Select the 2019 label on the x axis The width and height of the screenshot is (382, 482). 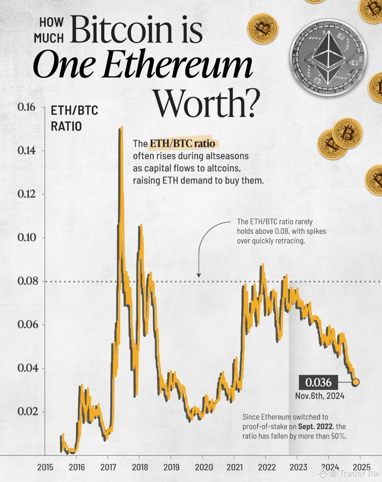[x=172, y=467]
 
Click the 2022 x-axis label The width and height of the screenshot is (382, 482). [x=267, y=467]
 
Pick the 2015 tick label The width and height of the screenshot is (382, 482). [x=45, y=467]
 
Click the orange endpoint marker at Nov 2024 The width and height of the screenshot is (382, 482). [x=355, y=382]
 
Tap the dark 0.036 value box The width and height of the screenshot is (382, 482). [x=318, y=383]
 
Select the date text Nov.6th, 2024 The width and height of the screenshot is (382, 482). [x=320, y=396]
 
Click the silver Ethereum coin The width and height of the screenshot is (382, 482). [x=328, y=58]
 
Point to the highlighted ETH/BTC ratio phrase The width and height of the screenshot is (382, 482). [x=183, y=143]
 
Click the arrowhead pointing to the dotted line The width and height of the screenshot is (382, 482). [x=199, y=275]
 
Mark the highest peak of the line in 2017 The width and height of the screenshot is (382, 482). [x=121, y=127]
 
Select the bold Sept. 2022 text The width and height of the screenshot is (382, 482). [x=315, y=426]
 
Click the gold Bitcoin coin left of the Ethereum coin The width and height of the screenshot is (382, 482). [x=262, y=28]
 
